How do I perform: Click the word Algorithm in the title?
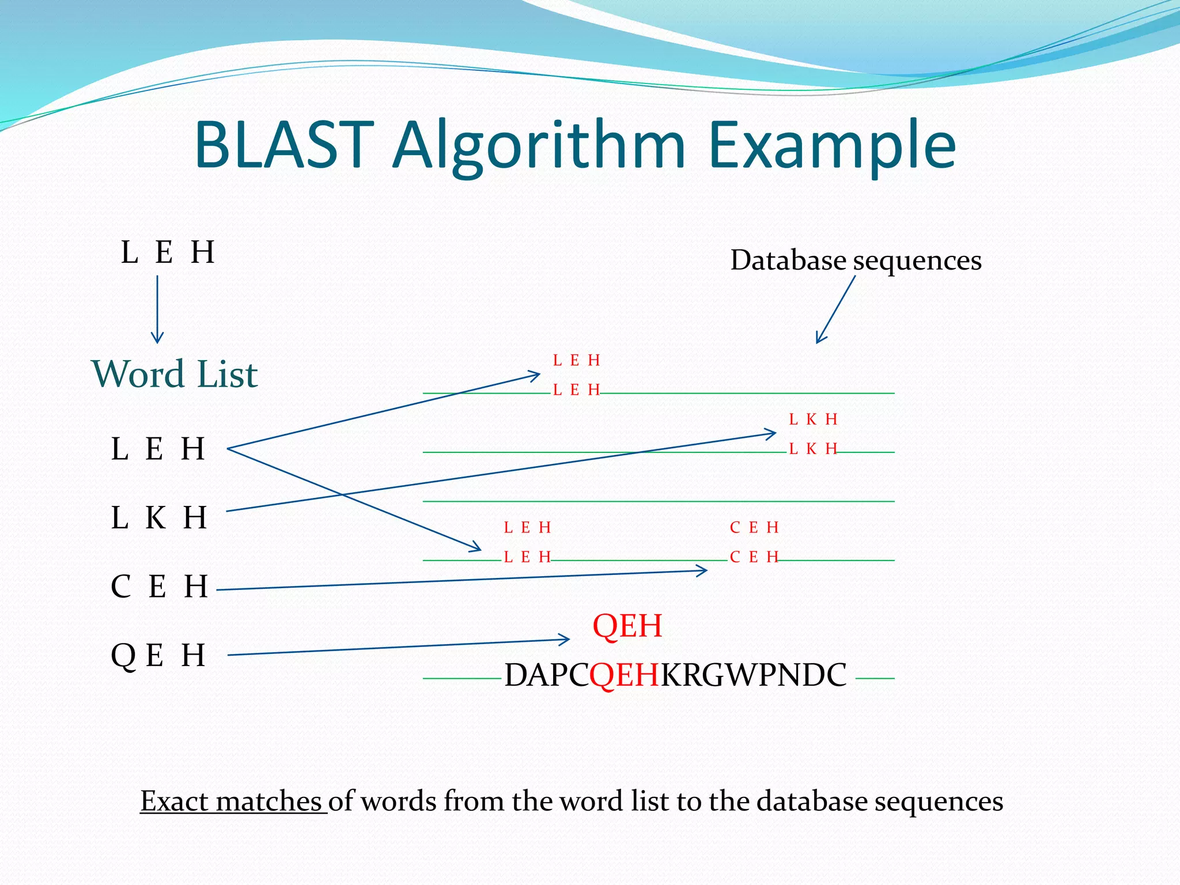click(x=539, y=147)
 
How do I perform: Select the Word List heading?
click(x=175, y=375)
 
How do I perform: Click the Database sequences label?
click(x=856, y=260)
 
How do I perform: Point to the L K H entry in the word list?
click(x=158, y=517)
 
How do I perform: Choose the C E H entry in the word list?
click(x=159, y=587)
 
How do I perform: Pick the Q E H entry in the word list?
click(x=158, y=656)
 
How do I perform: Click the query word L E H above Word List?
click(x=168, y=252)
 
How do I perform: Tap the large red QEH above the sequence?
click(x=627, y=626)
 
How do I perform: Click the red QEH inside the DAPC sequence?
click(x=624, y=675)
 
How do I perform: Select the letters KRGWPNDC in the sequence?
click(x=754, y=675)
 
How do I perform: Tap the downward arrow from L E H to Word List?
click(x=157, y=311)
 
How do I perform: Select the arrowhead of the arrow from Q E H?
click(x=565, y=639)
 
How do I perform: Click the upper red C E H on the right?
click(x=754, y=527)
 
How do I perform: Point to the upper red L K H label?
click(x=812, y=419)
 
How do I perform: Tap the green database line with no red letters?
click(x=659, y=501)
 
